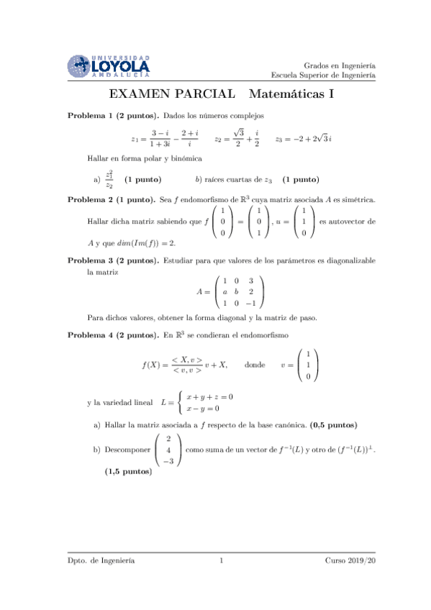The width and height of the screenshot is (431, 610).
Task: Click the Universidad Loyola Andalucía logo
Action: point(109,65)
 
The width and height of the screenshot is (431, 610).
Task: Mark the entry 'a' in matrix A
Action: point(225,292)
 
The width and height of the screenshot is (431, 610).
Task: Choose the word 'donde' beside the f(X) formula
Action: point(255,365)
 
